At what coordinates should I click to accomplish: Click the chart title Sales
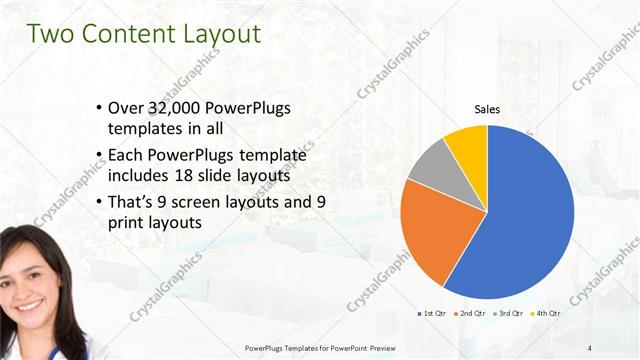click(487, 109)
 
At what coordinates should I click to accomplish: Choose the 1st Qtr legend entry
click(431, 314)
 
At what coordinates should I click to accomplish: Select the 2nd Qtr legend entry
click(471, 314)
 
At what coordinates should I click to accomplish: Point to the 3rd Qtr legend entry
click(508, 314)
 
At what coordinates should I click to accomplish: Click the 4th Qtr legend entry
click(546, 314)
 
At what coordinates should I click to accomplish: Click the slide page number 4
click(591, 347)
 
